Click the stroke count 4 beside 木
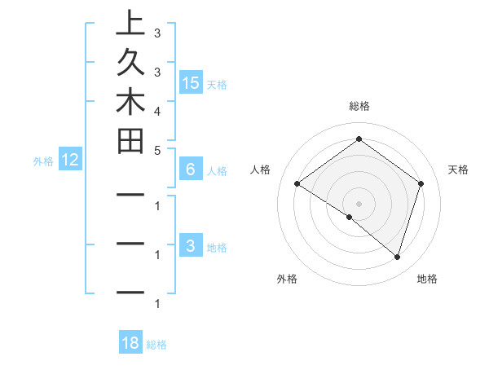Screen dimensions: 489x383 click(x=156, y=110)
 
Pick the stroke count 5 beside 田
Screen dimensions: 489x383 click(x=156, y=150)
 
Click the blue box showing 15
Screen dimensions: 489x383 click(x=191, y=82)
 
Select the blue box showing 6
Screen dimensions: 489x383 click(x=191, y=169)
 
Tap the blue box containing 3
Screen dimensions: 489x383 click(x=191, y=246)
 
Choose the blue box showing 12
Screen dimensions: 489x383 click(x=70, y=160)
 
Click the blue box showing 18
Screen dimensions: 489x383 click(x=130, y=343)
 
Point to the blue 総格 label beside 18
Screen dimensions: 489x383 click(x=156, y=345)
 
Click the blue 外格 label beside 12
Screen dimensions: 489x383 click(x=43, y=161)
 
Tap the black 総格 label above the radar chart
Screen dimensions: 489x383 click(x=359, y=106)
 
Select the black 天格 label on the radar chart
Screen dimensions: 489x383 click(x=458, y=169)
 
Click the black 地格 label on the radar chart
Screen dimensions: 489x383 click(x=427, y=279)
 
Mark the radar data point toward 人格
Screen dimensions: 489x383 click(x=297, y=184)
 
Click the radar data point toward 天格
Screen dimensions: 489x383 click(x=421, y=184)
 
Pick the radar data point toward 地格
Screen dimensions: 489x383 click(x=397, y=257)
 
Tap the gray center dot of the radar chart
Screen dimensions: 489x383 click(x=359, y=203)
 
